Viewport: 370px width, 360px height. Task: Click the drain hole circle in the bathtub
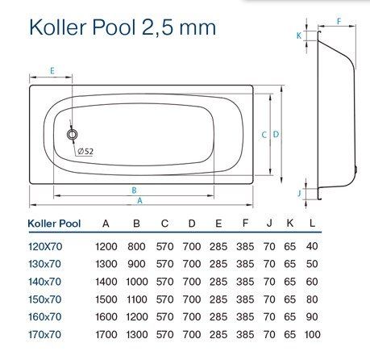(x=73, y=134)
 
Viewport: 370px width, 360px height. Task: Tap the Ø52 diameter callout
(x=85, y=151)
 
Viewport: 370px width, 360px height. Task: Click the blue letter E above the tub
(x=52, y=71)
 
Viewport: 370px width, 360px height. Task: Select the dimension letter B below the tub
(x=134, y=190)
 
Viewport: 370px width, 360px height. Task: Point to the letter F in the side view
(x=339, y=21)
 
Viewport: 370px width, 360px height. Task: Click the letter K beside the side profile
(x=299, y=36)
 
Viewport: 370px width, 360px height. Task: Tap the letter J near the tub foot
(x=299, y=193)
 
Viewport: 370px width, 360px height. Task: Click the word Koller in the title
(x=58, y=27)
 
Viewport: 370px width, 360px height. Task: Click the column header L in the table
(x=312, y=223)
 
